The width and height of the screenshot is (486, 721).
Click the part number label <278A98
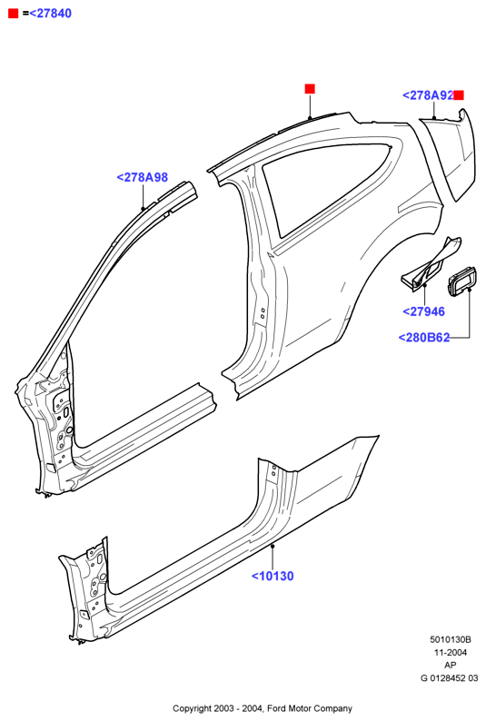(x=142, y=177)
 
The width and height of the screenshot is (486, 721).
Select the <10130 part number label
(x=273, y=576)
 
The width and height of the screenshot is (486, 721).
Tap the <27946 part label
(x=423, y=311)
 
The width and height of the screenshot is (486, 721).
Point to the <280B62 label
(x=424, y=337)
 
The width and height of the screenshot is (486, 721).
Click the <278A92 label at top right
(x=428, y=95)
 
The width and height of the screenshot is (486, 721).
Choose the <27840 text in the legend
(x=51, y=14)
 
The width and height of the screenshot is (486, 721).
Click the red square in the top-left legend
(x=14, y=14)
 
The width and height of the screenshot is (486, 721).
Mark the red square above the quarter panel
(x=310, y=89)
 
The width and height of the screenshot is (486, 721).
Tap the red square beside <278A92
(x=459, y=95)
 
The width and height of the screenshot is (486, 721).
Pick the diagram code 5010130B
(x=451, y=639)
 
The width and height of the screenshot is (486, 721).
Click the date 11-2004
(x=451, y=652)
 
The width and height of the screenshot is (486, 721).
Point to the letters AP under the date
(x=451, y=665)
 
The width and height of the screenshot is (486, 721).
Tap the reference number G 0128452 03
(x=449, y=677)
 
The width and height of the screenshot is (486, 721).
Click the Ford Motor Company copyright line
(x=263, y=708)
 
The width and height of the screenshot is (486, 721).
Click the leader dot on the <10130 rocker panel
(x=273, y=547)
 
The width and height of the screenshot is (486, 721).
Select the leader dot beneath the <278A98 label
(x=143, y=208)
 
